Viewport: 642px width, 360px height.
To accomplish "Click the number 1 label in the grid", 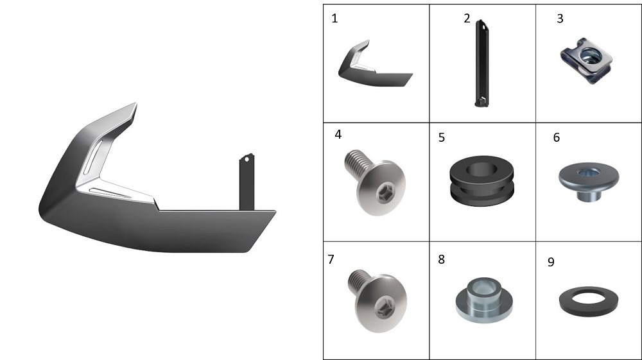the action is [334, 19].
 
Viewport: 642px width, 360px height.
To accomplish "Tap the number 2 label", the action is [467, 19].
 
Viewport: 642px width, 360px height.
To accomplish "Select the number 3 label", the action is [560, 19].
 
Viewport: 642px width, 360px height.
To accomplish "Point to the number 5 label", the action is [442, 137].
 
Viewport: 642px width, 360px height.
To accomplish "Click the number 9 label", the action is [551, 262].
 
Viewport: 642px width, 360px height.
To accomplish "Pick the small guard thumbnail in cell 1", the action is [376, 64].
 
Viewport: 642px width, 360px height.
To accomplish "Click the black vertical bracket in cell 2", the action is [481, 64].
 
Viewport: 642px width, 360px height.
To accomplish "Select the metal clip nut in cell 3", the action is [586, 60].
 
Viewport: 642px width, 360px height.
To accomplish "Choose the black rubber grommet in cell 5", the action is [481, 180].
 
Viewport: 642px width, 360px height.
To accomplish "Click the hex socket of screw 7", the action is [386, 307].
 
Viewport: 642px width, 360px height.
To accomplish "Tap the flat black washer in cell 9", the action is [589, 302].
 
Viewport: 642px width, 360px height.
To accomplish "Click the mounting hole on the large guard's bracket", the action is [247, 159].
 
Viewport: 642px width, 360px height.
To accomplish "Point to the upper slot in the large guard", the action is [93, 157].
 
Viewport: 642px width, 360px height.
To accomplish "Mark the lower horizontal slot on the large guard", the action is [110, 193].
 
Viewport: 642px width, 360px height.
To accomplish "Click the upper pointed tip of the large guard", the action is [135, 103].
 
